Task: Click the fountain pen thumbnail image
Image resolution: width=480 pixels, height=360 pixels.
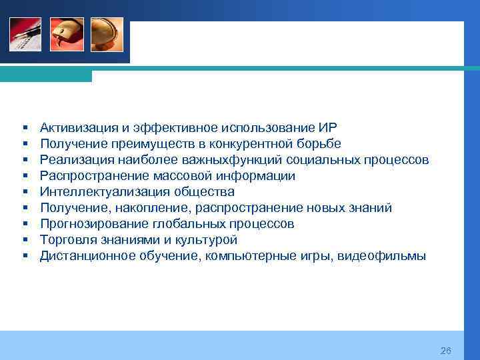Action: pos(25,35)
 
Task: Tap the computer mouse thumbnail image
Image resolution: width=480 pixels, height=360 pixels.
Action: pos(67,35)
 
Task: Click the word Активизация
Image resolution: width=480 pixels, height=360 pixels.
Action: pos(76,127)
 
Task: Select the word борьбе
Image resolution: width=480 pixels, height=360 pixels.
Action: pos(319,143)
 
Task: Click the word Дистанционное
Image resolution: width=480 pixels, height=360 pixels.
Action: pos(83,255)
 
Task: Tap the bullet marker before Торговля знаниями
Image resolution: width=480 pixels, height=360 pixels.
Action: pos(24,240)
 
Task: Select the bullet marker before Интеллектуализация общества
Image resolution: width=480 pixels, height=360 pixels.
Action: pos(24,192)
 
